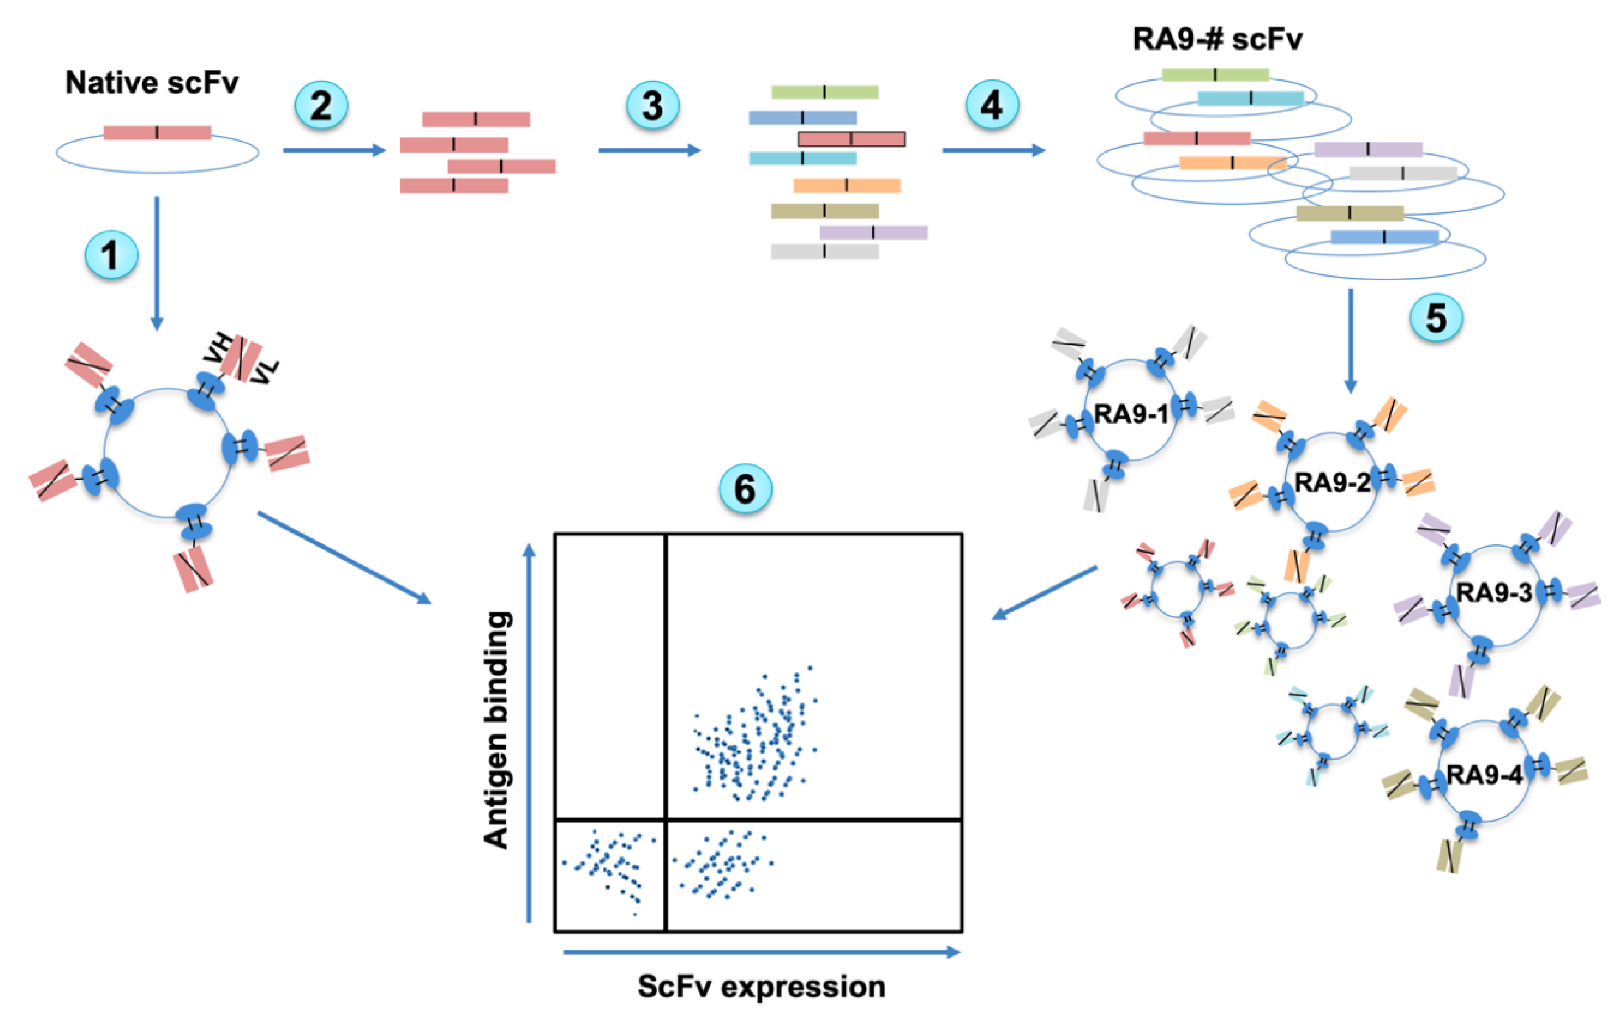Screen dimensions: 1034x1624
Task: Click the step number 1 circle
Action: point(111,255)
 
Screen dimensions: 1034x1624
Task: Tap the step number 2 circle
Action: point(321,106)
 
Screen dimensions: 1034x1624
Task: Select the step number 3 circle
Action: point(652,106)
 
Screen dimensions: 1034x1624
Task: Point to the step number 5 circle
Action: point(1436,317)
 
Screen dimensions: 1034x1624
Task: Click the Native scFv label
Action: point(152,83)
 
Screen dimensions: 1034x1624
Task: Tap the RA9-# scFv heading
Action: point(1217,39)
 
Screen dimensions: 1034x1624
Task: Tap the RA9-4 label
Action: point(1484,775)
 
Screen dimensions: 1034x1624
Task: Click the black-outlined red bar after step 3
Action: point(851,139)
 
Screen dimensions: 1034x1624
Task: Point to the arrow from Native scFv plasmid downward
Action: point(157,263)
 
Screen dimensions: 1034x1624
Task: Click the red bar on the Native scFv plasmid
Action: point(157,132)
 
